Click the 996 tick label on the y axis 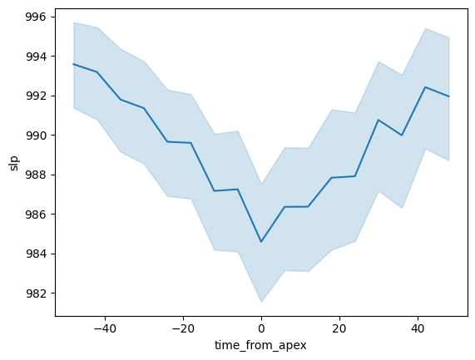pyautogui.click(x=36, y=17)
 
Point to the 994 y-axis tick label pyautogui.click(x=36, y=57)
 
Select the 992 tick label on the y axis pyautogui.click(x=36, y=96)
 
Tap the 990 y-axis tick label pyautogui.click(x=36, y=136)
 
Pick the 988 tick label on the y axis pyautogui.click(x=36, y=175)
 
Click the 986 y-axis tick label pyautogui.click(x=36, y=215)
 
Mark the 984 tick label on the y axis pyautogui.click(x=36, y=254)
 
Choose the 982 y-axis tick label pyautogui.click(x=36, y=293)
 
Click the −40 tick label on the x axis pyautogui.click(x=105, y=328)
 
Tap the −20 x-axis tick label pyautogui.click(x=183, y=328)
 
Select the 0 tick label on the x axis pyautogui.click(x=261, y=328)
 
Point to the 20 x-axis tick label pyautogui.click(x=339, y=328)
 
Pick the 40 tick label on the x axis pyautogui.click(x=418, y=328)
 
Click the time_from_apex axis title pyautogui.click(x=261, y=346)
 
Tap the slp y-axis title pyautogui.click(x=14, y=163)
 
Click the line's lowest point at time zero pyautogui.click(x=261, y=242)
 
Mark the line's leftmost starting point pyautogui.click(x=73, y=64)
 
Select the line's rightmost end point pyautogui.click(x=448, y=96)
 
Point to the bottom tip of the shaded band pyautogui.click(x=261, y=302)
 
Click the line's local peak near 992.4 pyautogui.click(x=425, y=87)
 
